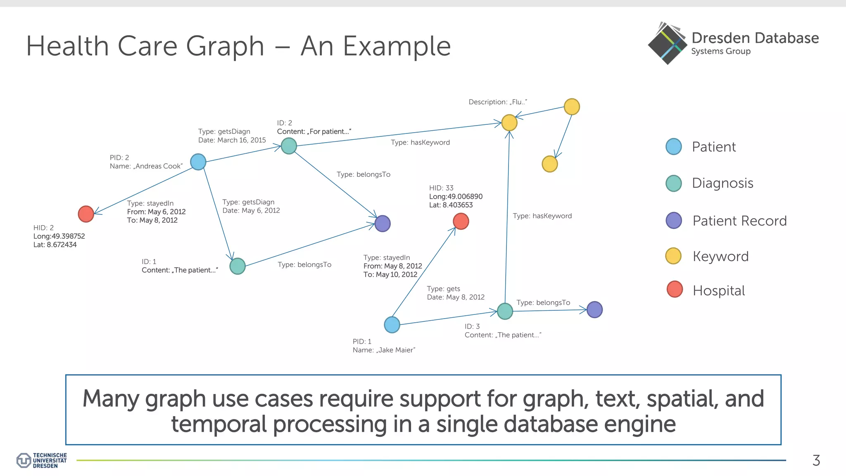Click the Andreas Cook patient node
pyautogui.click(x=198, y=162)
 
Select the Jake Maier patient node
pyautogui.click(x=392, y=325)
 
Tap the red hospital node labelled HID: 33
pyautogui.click(x=461, y=221)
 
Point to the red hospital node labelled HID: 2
pyautogui.click(x=86, y=214)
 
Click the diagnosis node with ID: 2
pyautogui.click(x=289, y=146)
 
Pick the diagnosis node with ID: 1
pyautogui.click(x=238, y=266)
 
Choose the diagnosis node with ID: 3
pyautogui.click(x=505, y=311)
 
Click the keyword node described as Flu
pyautogui.click(x=509, y=123)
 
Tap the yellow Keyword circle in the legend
pyautogui.click(x=673, y=256)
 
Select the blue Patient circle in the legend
pyautogui.click(x=674, y=147)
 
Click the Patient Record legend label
pyautogui.click(x=739, y=221)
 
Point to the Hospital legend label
pyautogui.click(x=719, y=290)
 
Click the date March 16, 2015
pyautogui.click(x=242, y=140)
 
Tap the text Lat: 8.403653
pyautogui.click(x=451, y=205)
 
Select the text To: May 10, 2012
pyautogui.click(x=390, y=274)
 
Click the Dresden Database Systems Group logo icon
pyautogui.click(x=667, y=44)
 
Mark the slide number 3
pyautogui.click(x=816, y=460)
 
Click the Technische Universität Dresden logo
pyautogui.click(x=42, y=460)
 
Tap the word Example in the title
pyautogui.click(x=397, y=46)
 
